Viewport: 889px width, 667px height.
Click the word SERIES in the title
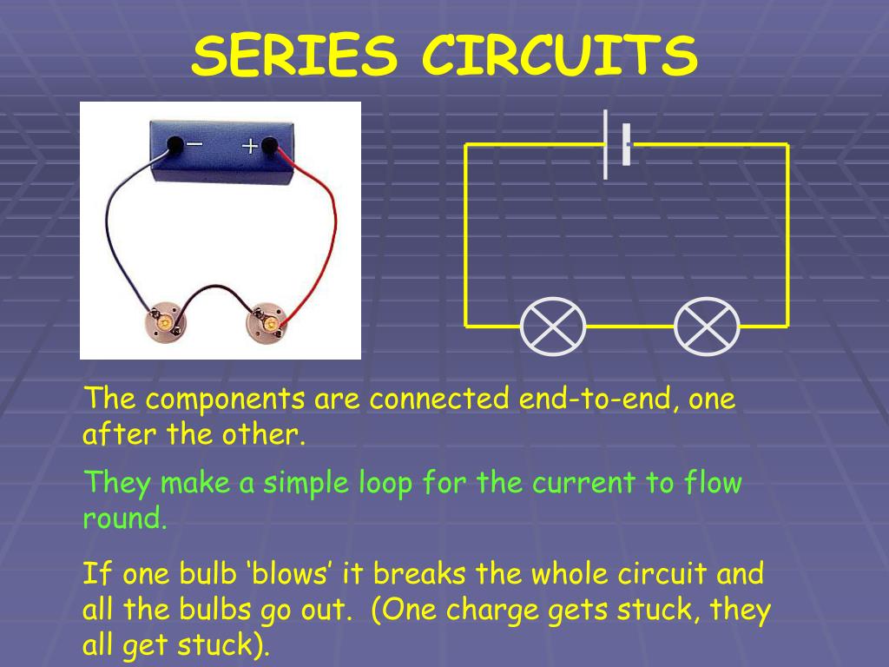pos(295,56)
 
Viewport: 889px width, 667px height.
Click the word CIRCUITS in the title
pos(560,56)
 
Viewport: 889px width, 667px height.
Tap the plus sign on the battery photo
pos(250,146)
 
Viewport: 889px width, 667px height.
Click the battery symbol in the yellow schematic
pos(616,144)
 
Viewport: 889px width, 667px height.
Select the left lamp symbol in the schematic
pos(553,327)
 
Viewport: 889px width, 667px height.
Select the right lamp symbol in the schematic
pos(707,327)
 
